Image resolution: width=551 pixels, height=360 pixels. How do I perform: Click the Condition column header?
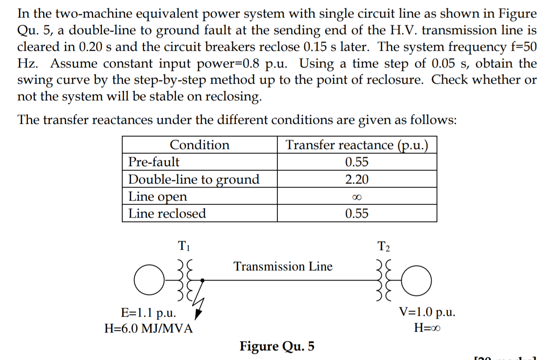(x=199, y=145)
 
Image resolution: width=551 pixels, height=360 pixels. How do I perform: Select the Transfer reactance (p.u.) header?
(x=357, y=145)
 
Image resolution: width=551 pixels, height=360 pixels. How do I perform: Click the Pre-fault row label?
(x=153, y=162)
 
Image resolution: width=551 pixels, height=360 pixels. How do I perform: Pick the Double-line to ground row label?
(x=194, y=179)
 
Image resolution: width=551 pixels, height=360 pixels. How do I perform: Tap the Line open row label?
(x=158, y=196)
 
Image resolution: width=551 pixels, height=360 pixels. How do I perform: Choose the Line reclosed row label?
(x=167, y=213)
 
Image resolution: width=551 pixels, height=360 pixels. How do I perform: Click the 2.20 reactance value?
(x=357, y=179)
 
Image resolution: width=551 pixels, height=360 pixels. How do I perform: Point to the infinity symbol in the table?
(x=357, y=197)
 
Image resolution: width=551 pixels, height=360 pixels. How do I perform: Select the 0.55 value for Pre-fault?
(x=357, y=162)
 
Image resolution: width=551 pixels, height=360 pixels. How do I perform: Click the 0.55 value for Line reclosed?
(x=357, y=213)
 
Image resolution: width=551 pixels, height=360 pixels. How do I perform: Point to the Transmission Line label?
(x=283, y=267)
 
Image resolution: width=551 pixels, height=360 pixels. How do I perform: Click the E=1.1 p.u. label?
(x=149, y=313)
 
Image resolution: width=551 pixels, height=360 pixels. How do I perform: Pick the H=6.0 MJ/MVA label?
(x=149, y=328)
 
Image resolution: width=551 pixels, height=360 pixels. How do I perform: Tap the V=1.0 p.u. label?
(x=427, y=312)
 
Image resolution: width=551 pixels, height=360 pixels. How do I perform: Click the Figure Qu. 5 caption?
(x=277, y=346)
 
